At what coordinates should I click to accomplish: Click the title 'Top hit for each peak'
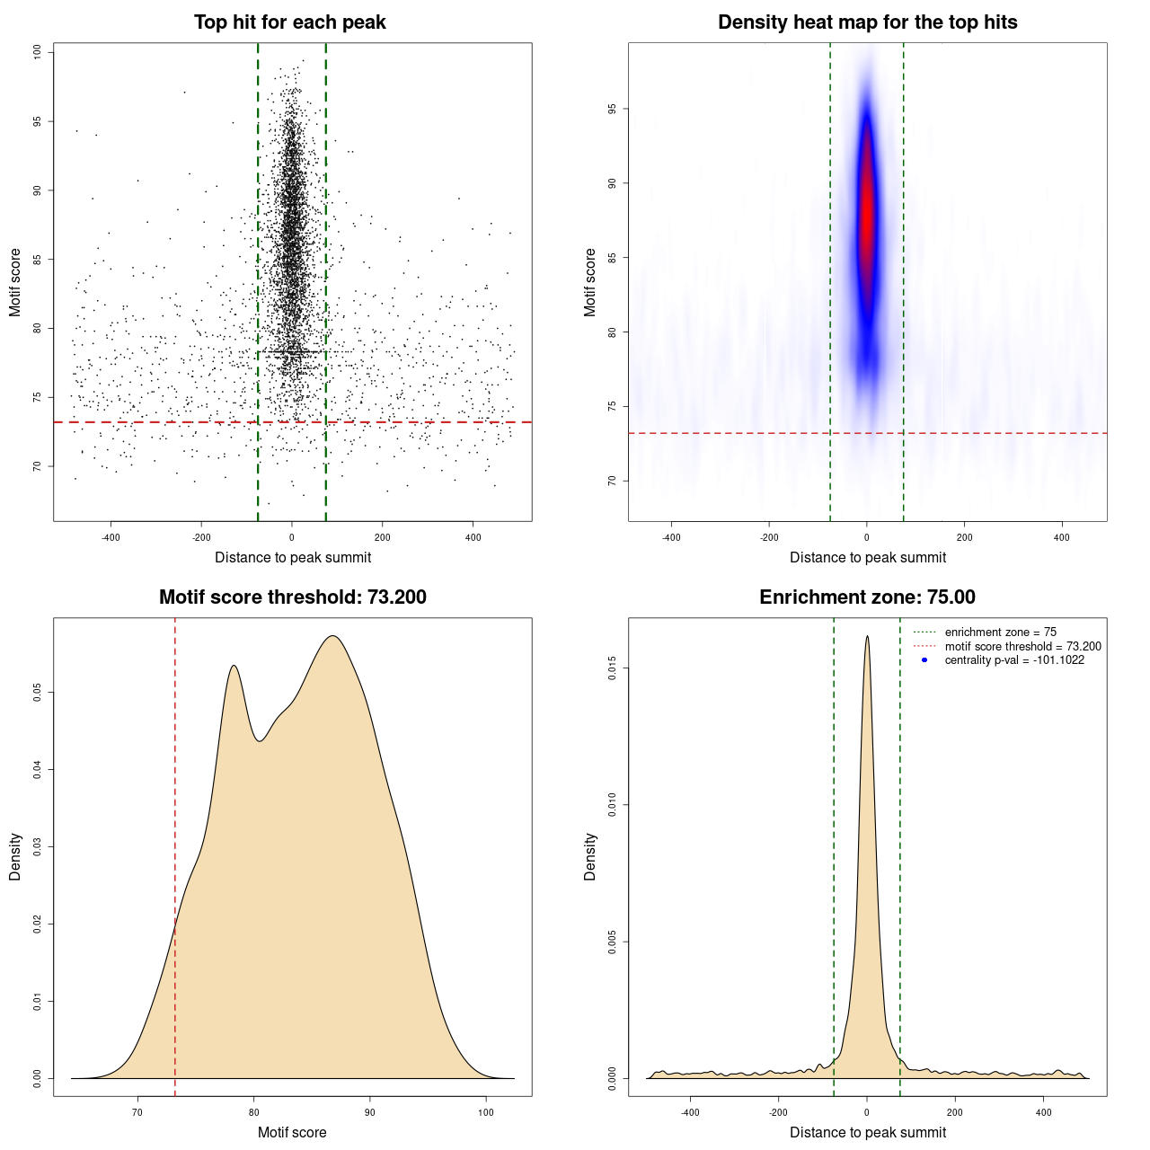coord(289,22)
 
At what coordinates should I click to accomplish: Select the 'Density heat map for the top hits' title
coord(867,22)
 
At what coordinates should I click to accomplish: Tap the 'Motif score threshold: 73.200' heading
coord(292,597)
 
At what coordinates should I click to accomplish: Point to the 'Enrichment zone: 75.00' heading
coord(867,597)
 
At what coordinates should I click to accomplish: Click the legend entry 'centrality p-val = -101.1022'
coord(1013,660)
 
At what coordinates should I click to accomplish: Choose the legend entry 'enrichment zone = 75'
coord(1000,632)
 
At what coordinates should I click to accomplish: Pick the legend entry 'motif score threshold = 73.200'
coord(1022,647)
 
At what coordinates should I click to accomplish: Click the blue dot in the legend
coord(924,660)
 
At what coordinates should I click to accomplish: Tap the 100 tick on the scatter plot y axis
coord(38,52)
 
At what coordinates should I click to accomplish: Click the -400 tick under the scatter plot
coord(111,537)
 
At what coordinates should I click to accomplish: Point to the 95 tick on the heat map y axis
coord(613,109)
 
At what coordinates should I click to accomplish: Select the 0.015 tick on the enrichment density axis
coord(613,668)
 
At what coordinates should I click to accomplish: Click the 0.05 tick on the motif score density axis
coord(38,693)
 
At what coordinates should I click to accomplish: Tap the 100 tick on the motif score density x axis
coord(486,1112)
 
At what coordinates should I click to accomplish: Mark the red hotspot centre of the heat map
coord(866,211)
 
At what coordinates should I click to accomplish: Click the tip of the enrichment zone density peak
coord(867,637)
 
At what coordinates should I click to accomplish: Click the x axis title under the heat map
coord(867,558)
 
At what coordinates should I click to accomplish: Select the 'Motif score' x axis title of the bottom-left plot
coord(292,1133)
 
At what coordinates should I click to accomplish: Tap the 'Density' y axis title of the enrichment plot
coord(590,856)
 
